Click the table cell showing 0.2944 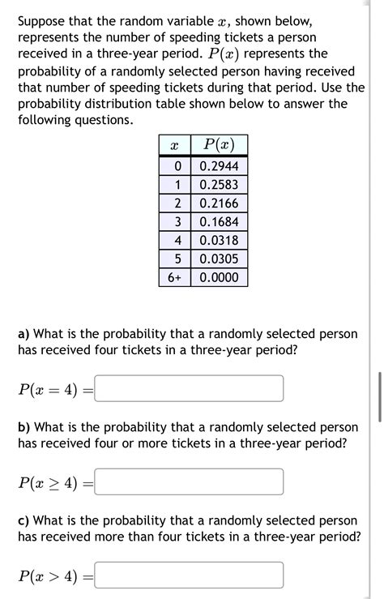pos(219,166)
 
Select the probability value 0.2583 pos(219,185)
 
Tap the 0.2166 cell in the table pos(219,203)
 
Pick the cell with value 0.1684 pos(219,222)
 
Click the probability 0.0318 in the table pos(219,240)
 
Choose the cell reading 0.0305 pos(219,259)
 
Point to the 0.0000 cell pos(219,277)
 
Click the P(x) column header pos(219,146)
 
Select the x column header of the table pos(174,146)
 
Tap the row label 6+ pos(174,277)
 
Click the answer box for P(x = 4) pos(190,388)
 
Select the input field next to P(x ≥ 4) pos(190,482)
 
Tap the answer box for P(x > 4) pos(190,575)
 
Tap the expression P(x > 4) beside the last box pos(49,576)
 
